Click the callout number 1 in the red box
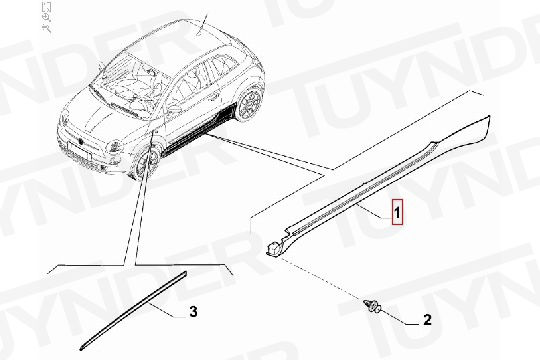click(397, 213)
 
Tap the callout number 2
click(427, 320)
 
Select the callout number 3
click(194, 312)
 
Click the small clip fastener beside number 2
click(373, 306)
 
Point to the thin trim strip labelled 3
click(133, 310)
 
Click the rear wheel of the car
click(250, 102)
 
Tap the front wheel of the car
click(147, 162)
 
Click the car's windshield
click(131, 87)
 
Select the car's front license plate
click(80, 151)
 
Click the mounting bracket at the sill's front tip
click(275, 248)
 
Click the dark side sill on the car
click(200, 131)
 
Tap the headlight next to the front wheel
click(115, 147)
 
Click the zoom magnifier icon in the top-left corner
click(46, 17)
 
